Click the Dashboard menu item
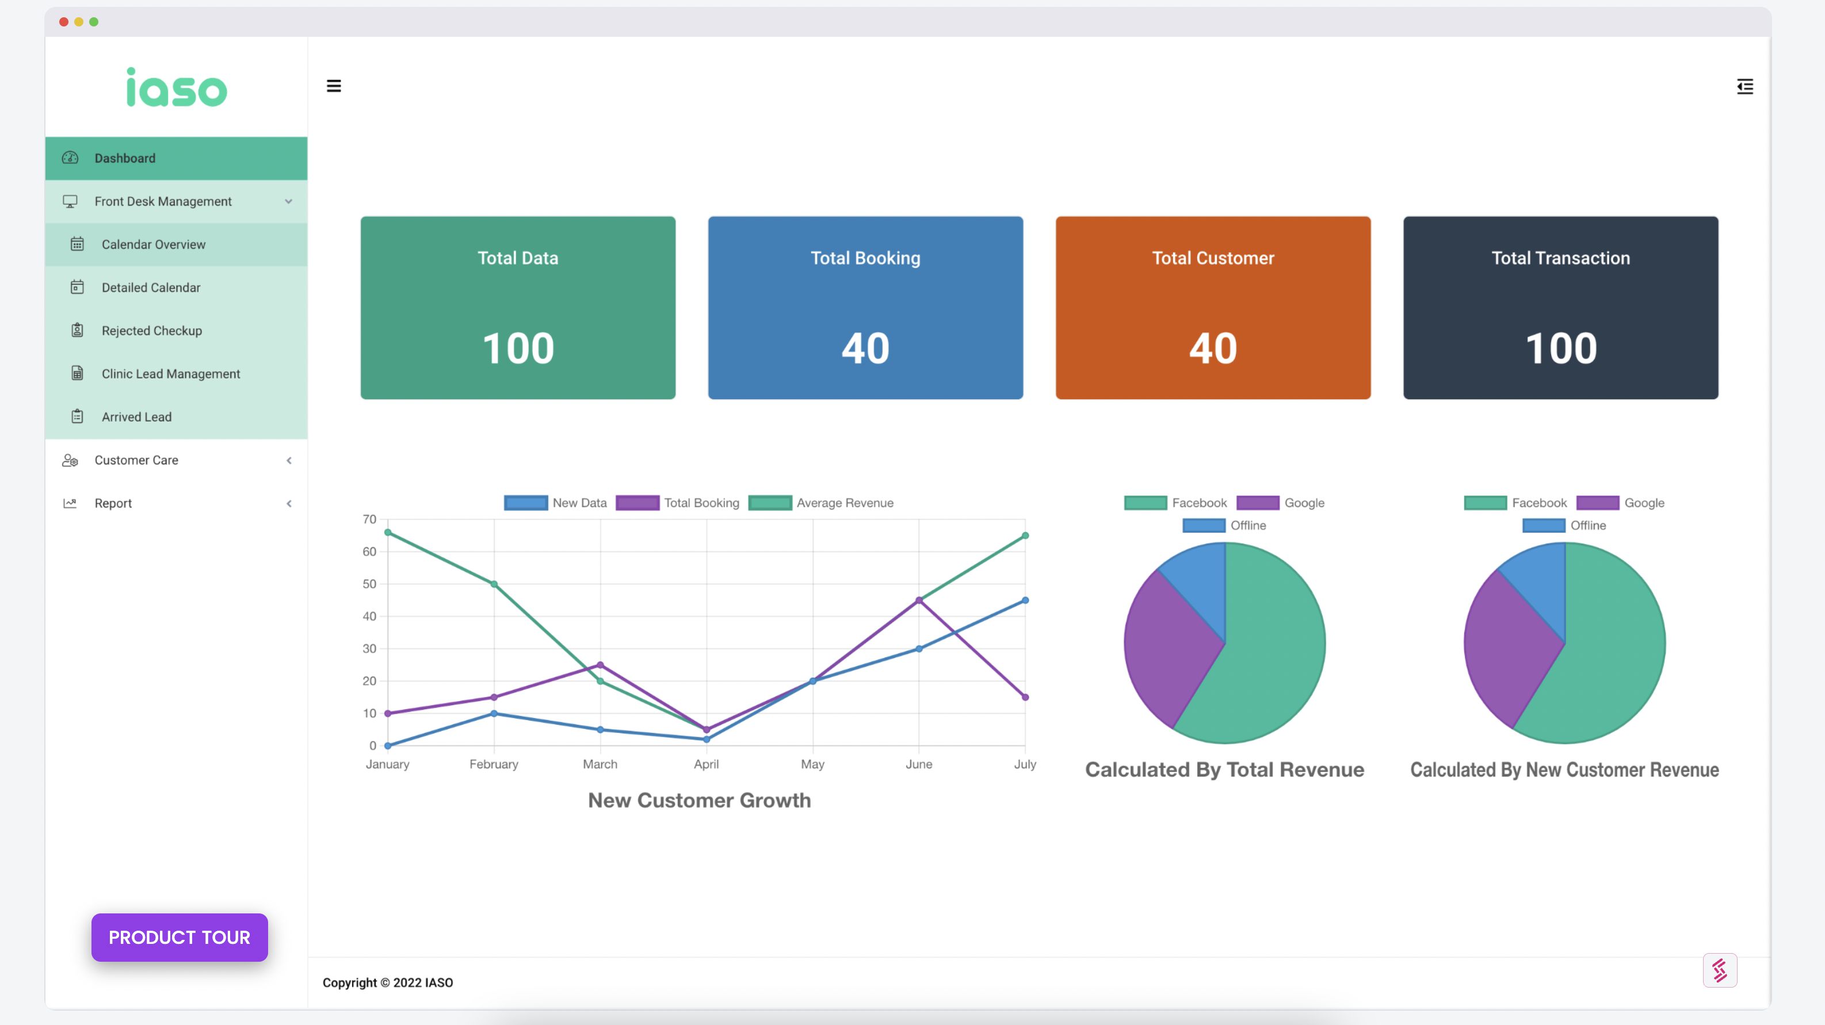point(175,158)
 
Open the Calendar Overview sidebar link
point(153,244)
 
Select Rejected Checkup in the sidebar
point(152,331)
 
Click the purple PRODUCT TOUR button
point(180,937)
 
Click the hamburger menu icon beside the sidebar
point(334,86)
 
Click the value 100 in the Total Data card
point(518,349)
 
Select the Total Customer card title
point(1213,258)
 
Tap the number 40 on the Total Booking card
point(865,349)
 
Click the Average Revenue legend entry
point(821,503)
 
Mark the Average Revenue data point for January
point(388,533)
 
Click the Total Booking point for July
point(1025,698)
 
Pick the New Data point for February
point(494,713)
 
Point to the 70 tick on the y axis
point(369,519)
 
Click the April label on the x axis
point(707,764)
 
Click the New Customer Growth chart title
point(699,801)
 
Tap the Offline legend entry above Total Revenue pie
point(1224,526)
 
